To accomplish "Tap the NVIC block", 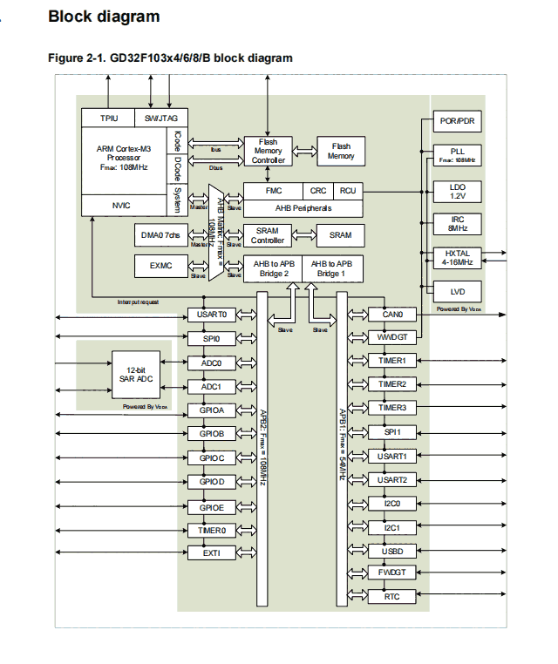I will (121, 206).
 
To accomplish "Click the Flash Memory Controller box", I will (269, 151).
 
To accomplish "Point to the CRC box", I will (318, 190).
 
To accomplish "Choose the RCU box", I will (348, 190).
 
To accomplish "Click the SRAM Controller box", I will (269, 235).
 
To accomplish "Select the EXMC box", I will (160, 265).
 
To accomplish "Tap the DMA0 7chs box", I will (160, 235).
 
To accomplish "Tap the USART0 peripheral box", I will (212, 315).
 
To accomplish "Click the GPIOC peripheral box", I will (212, 457).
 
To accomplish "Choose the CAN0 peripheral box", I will (392, 315).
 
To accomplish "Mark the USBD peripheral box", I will (392, 551).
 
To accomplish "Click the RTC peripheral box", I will (392, 597).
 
